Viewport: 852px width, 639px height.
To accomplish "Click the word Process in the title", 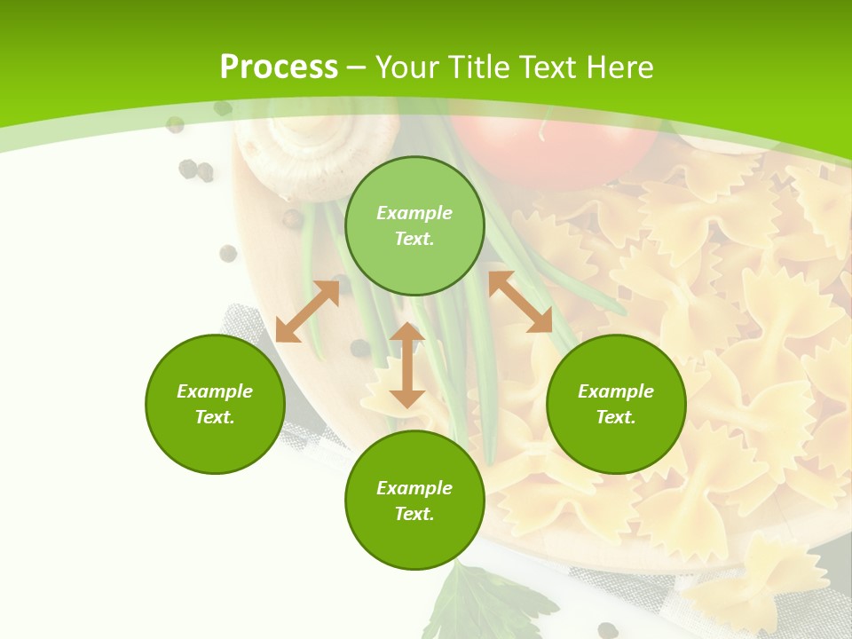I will pyautogui.click(x=279, y=67).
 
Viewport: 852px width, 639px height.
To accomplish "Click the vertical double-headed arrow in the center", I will pyautogui.click(x=407, y=365).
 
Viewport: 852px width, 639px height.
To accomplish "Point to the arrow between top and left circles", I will pyautogui.click(x=308, y=311).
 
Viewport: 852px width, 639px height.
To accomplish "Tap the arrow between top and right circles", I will pyautogui.click(x=520, y=302).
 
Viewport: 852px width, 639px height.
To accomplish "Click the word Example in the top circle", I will pyautogui.click(x=414, y=213).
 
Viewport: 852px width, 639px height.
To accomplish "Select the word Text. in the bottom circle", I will pyautogui.click(x=414, y=514).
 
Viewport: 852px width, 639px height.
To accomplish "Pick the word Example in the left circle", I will pyautogui.click(x=215, y=391).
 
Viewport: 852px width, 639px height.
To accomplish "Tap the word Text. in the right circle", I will pyautogui.click(x=616, y=417).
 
